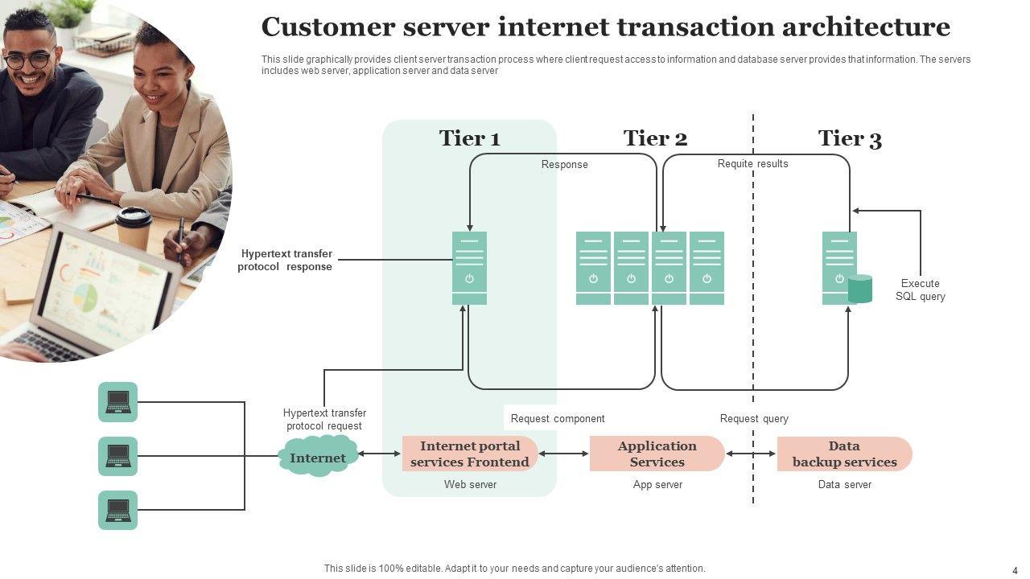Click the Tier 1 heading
point(469,138)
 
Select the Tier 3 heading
point(850,139)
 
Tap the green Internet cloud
point(318,457)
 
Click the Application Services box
point(657,454)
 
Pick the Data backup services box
point(844,454)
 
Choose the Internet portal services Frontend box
point(470,454)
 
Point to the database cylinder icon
point(860,289)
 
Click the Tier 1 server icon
point(469,268)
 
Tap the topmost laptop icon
point(118,402)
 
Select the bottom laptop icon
point(118,510)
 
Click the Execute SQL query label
point(920,290)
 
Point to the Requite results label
point(752,164)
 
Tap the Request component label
point(558,418)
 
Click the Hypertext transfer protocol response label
point(286,261)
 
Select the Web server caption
point(470,485)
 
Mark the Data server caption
point(844,485)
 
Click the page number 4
point(1015,569)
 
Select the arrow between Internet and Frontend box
point(379,454)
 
